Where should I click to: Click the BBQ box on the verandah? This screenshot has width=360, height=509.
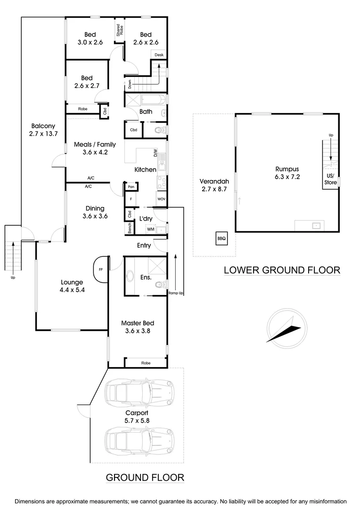pyautogui.click(x=221, y=238)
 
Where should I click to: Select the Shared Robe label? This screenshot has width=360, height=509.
pyautogui.click(x=120, y=31)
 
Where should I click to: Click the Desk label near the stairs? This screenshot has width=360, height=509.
pyautogui.click(x=159, y=55)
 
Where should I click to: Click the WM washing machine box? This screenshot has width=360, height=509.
pyautogui.click(x=151, y=229)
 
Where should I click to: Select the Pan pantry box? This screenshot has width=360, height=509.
pyautogui.click(x=130, y=187)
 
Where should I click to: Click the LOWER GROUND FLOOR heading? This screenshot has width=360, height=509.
pyautogui.click(x=282, y=270)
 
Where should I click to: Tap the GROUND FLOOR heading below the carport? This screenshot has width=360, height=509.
pyautogui.click(x=145, y=477)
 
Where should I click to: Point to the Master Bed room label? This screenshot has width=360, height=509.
pyautogui.click(x=138, y=323)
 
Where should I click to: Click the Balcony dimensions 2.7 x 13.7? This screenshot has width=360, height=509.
pyautogui.click(x=43, y=134)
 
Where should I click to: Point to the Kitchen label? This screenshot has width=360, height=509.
pyautogui.click(x=145, y=169)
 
